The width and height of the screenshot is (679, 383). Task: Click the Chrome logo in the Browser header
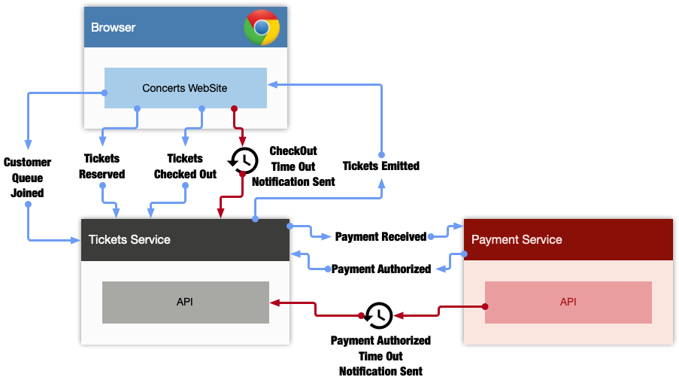click(x=262, y=27)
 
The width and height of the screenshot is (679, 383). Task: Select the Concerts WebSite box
click(x=185, y=88)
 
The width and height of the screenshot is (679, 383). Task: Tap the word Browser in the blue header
click(x=113, y=27)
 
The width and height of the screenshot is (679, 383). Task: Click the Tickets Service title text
click(x=129, y=239)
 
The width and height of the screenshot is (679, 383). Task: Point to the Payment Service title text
click(x=517, y=239)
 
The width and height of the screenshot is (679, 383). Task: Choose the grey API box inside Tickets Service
click(x=185, y=302)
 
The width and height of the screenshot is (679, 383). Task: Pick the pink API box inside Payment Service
click(x=568, y=302)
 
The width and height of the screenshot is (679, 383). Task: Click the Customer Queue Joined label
click(x=27, y=178)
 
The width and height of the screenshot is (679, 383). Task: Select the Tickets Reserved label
click(x=102, y=166)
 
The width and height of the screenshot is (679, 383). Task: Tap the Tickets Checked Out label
click(x=185, y=166)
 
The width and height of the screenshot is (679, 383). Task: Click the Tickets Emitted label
click(x=381, y=166)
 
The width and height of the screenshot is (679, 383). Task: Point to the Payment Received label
click(x=380, y=236)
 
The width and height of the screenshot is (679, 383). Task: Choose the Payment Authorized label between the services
click(x=381, y=269)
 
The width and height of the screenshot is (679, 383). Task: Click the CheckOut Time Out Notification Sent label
click(x=293, y=166)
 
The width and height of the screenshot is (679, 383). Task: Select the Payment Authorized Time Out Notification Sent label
click(x=380, y=356)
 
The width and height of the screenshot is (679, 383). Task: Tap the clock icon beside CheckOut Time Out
click(x=244, y=161)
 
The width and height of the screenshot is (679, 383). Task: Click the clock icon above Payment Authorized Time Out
click(x=378, y=315)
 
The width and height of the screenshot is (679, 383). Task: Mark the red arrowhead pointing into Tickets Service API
click(x=275, y=302)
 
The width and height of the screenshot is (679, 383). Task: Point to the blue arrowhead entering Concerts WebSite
click(x=273, y=84)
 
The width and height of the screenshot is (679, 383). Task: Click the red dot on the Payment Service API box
click(x=485, y=307)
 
